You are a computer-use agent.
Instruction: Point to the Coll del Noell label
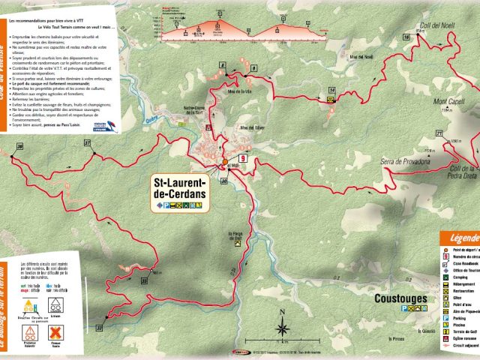tap(442, 25)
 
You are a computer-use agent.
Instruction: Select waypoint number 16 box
tap(406, 37)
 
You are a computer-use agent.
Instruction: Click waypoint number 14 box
tap(331, 90)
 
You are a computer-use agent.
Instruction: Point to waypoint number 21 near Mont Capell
tap(438, 134)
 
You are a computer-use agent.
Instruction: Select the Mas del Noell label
tap(361, 56)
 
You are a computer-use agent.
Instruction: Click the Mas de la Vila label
tap(238, 91)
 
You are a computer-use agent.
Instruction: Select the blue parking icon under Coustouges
tap(406, 307)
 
